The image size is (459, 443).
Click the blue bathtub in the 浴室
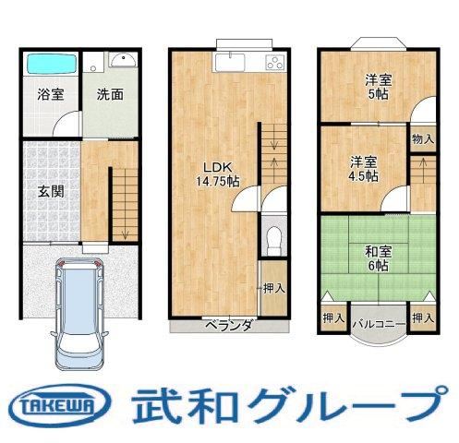coord(51,64)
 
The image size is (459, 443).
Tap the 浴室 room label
coord(51,94)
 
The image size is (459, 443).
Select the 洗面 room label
coord(110,94)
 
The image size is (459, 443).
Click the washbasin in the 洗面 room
coord(123,60)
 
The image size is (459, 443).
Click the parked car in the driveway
coord(79,313)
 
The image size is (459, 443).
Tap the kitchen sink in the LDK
coord(230,62)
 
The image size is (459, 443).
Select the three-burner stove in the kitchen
coord(275,63)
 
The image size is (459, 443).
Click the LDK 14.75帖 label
coord(218,174)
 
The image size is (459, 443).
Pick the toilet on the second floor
coord(273,241)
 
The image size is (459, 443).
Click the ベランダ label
coord(230,325)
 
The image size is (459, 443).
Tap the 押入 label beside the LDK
coord(274,289)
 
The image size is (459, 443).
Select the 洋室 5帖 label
coord(379,87)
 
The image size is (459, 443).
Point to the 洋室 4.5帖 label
coord(364,169)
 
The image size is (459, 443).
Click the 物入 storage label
coord(423,139)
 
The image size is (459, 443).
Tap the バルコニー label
coord(379,324)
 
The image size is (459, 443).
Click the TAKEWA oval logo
coord(60,405)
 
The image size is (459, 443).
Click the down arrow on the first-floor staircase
coord(125,234)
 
